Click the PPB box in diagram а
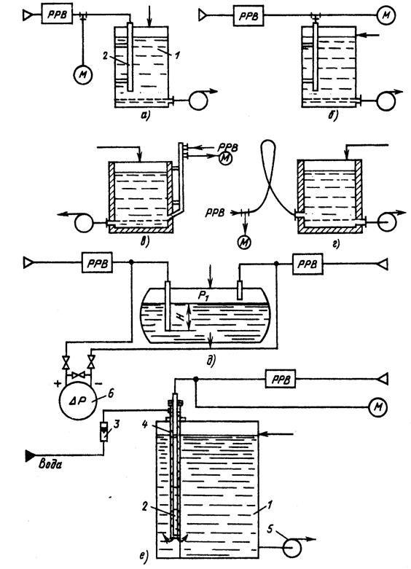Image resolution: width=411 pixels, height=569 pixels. [x=57, y=14]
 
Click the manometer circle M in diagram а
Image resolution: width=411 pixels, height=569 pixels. [x=83, y=75]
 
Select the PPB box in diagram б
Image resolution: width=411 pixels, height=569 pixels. [x=248, y=16]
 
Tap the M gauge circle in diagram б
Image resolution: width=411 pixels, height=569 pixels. [x=386, y=15]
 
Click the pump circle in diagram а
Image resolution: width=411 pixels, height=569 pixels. [x=198, y=100]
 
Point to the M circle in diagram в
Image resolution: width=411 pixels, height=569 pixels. [x=225, y=159]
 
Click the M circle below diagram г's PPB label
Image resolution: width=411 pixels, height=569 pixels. [x=244, y=242]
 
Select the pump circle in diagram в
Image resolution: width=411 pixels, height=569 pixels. [x=84, y=223]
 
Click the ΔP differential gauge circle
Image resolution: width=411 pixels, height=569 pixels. [x=78, y=401]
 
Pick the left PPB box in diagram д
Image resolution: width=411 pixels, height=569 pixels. [x=97, y=262]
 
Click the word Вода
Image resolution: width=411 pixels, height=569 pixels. [x=50, y=464]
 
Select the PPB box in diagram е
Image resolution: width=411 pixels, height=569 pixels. [x=280, y=379]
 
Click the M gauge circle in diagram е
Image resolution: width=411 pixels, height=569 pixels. [x=378, y=407]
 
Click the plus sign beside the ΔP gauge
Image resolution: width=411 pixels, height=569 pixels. [x=58, y=383]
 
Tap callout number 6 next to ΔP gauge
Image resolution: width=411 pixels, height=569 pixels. [x=111, y=393]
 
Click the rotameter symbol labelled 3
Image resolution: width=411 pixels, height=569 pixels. [x=104, y=431]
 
